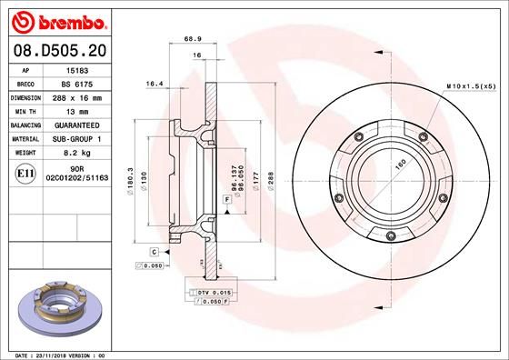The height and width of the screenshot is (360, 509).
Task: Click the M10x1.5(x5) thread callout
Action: click(469, 85)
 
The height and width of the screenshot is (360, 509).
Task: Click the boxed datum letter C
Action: click(155, 250)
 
